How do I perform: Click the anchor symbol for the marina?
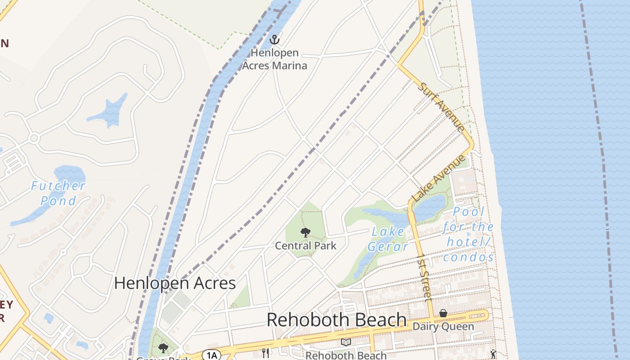tap(274, 40)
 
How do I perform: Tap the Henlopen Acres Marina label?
tap(274, 59)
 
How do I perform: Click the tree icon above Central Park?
tap(306, 233)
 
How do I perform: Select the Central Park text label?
tap(306, 246)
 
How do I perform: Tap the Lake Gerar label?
tap(388, 239)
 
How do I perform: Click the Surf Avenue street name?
tap(441, 107)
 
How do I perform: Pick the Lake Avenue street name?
tap(438, 178)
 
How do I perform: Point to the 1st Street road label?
tap(424, 277)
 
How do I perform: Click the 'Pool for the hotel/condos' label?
tap(468, 234)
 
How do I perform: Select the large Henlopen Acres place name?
tap(175, 283)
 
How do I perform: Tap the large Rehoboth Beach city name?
tap(337, 320)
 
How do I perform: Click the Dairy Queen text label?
tap(443, 326)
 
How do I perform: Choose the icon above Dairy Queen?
tap(443, 313)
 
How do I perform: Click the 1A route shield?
tap(211, 355)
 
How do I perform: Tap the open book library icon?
tap(346, 343)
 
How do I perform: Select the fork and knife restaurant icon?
tap(265, 353)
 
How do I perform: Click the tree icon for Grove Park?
tap(163, 348)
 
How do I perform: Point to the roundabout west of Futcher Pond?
tap(33, 138)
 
